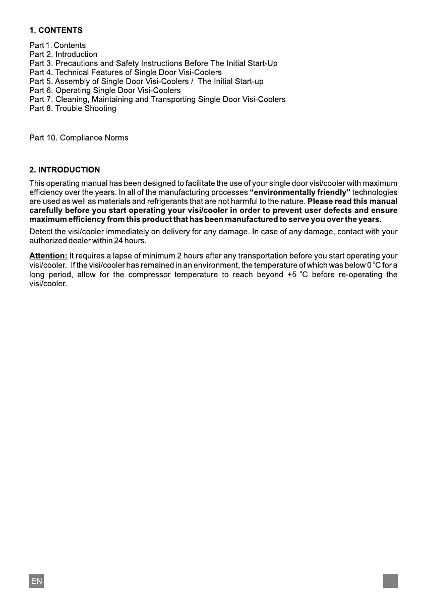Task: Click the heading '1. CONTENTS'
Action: tap(56, 30)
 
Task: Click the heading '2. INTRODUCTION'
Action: tap(65, 170)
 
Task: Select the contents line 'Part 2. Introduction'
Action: tap(64, 54)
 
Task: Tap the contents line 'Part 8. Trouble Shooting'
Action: tap(73, 108)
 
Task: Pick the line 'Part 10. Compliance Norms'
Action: tap(79, 138)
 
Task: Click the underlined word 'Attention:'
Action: tap(48, 256)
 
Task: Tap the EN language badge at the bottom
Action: tap(36, 581)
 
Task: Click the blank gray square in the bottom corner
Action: tap(390, 581)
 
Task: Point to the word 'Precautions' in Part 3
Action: tap(76, 63)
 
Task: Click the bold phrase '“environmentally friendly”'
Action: tap(300, 192)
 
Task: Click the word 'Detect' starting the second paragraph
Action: tap(41, 232)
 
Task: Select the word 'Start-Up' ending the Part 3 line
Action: tap(262, 63)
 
